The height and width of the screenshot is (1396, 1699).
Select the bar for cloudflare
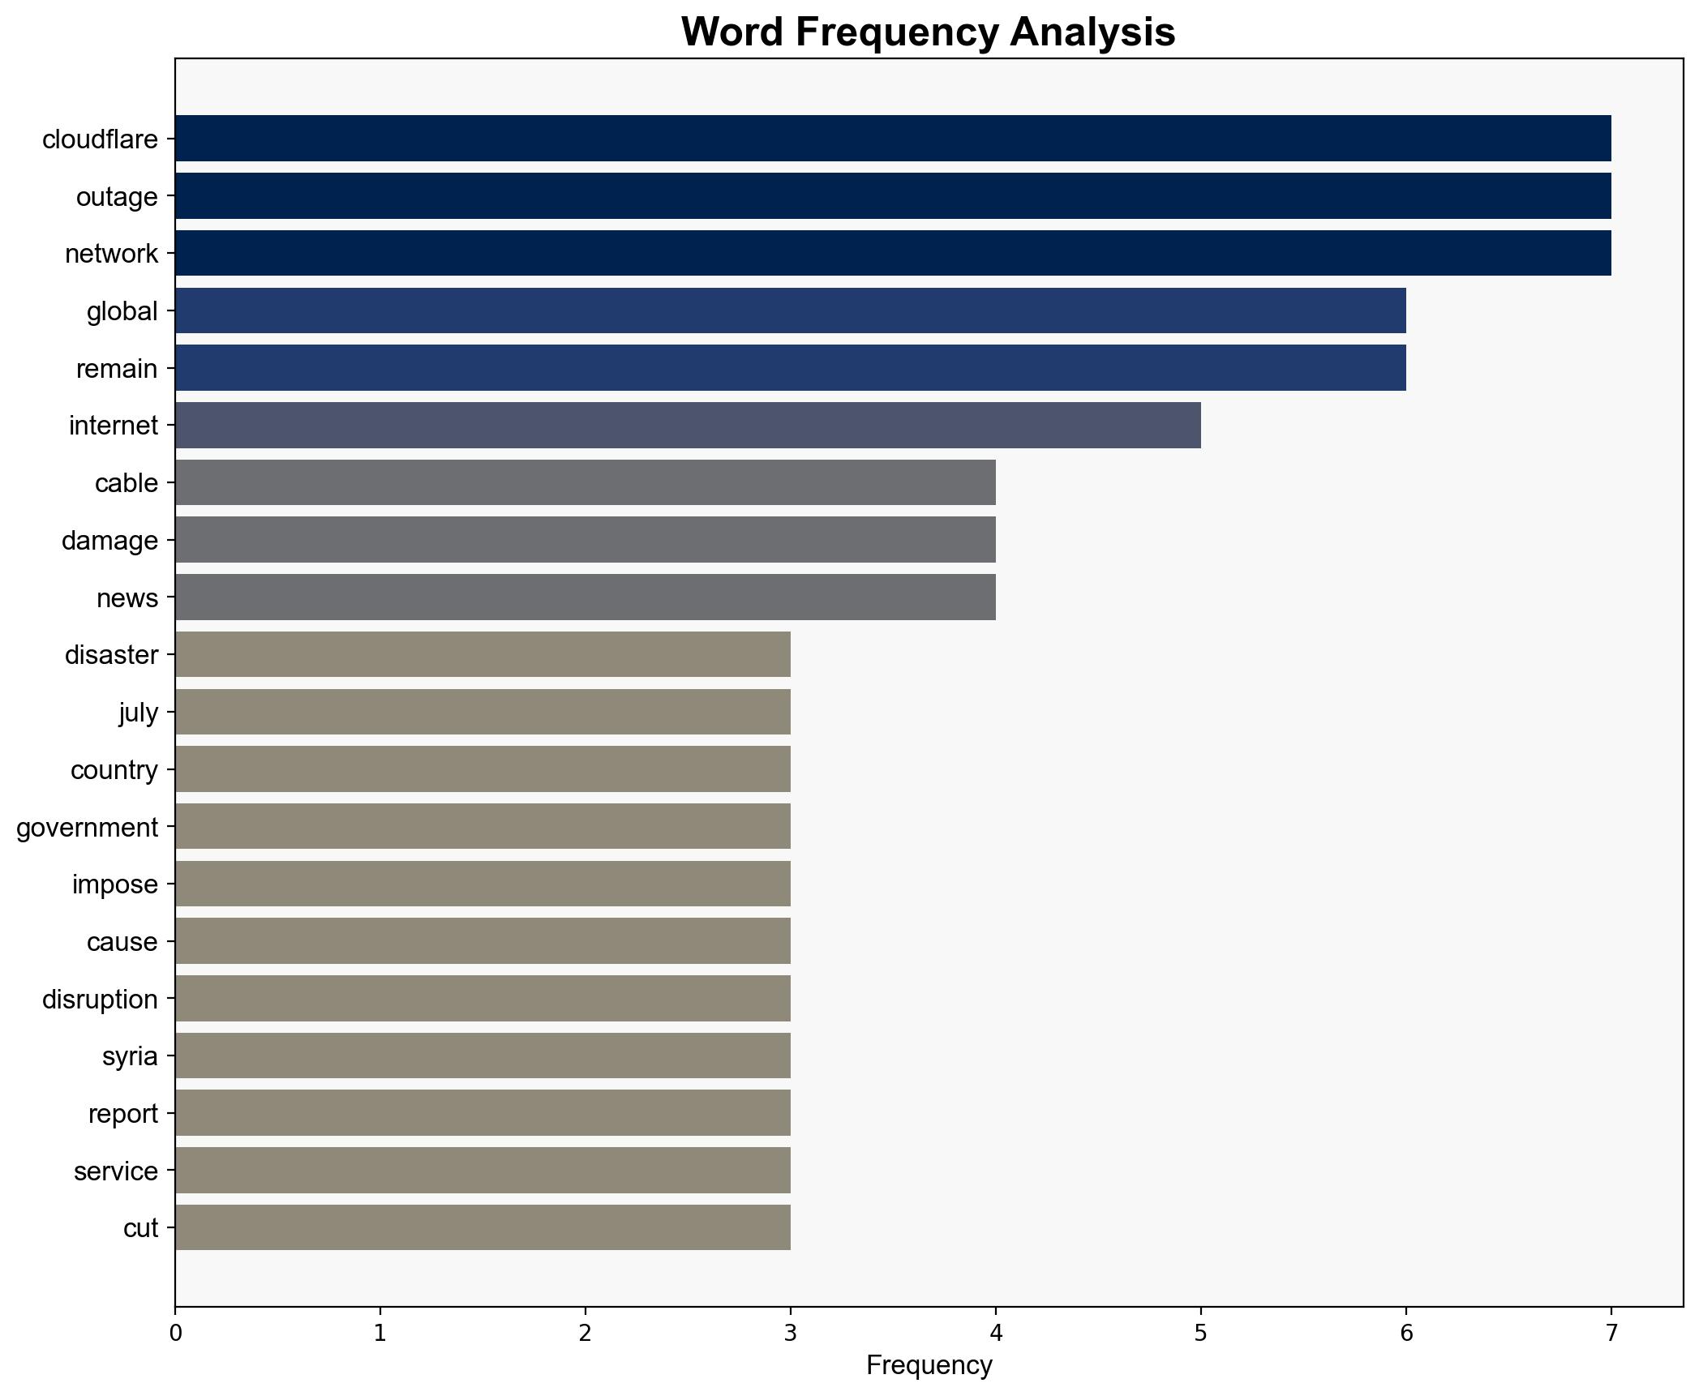point(892,139)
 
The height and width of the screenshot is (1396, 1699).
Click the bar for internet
point(688,426)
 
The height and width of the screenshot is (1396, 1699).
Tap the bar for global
point(790,310)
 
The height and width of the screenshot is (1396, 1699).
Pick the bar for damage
point(585,540)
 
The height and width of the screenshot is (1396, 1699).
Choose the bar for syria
point(483,1056)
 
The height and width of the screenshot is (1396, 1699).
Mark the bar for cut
point(483,1227)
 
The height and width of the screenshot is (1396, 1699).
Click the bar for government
point(483,827)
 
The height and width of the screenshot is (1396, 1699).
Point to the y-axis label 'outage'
point(117,197)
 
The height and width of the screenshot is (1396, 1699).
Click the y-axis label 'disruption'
point(100,1000)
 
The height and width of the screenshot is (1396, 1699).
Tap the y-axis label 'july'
point(138,713)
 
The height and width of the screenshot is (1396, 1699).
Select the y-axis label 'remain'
point(117,369)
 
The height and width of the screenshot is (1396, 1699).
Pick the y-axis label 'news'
point(127,598)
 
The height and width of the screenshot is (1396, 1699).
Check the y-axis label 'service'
point(116,1171)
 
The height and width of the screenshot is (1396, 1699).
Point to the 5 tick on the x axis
point(1200,1334)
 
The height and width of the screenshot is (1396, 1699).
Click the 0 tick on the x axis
point(175,1334)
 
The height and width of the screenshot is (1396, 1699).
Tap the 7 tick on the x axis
point(1611,1334)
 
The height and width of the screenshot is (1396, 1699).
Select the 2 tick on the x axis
point(585,1334)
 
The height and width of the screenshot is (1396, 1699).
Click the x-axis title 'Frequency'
point(929,1366)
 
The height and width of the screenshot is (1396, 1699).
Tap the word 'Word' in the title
point(732,32)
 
